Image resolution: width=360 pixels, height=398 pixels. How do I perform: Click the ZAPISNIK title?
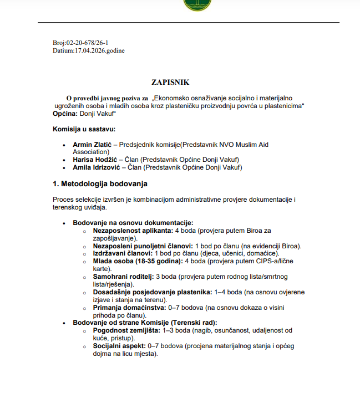tap(170, 82)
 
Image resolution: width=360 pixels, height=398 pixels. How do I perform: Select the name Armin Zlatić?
tap(92, 145)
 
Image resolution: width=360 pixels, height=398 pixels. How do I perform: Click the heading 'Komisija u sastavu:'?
tap(84, 129)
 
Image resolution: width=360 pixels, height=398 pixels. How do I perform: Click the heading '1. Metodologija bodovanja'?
tap(100, 183)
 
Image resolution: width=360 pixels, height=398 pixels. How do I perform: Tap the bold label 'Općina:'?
tap(65, 113)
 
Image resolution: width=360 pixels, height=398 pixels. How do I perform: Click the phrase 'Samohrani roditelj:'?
tap(123, 277)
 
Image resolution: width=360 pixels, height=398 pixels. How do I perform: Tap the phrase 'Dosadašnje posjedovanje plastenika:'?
tap(152, 292)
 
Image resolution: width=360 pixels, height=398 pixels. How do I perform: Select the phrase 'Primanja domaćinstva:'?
tap(128, 308)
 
